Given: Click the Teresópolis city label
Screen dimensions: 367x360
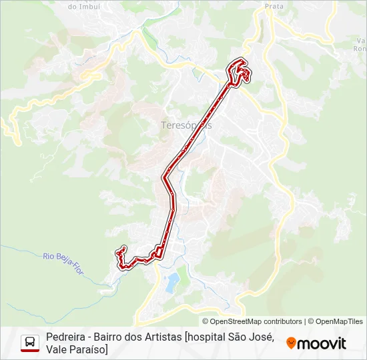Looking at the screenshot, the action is pos(186,125).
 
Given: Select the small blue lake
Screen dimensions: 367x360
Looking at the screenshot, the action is pos(172,282).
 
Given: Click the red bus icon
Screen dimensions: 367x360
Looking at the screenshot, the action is pos(30,343).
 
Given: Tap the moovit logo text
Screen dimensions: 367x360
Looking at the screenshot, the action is pos(322,343).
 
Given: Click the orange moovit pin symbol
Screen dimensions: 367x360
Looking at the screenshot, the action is pos(291,343).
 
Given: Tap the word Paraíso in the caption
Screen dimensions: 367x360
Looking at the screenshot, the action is pos(89,349).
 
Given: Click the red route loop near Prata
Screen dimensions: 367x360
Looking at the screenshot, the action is pos(240,71).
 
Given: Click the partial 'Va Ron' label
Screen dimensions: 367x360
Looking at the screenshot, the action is pos(360,44).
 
